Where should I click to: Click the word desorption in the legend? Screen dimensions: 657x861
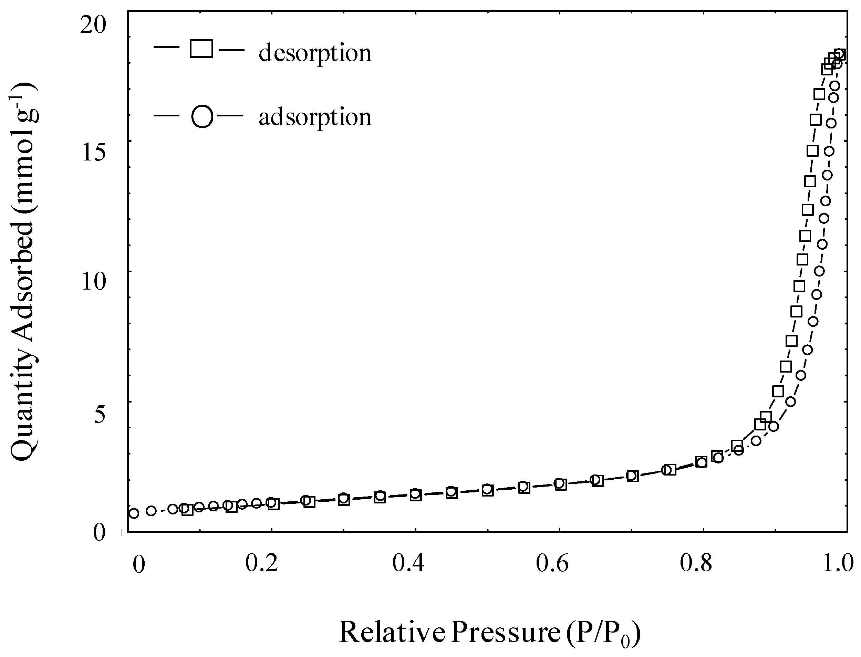coord(315,54)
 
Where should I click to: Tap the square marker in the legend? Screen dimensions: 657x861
coord(201,49)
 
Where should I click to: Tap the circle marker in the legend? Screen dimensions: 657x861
coord(202,116)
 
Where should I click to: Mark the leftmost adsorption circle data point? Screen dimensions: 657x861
coord(134,513)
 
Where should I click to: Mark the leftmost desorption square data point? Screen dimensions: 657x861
coord(188,510)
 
